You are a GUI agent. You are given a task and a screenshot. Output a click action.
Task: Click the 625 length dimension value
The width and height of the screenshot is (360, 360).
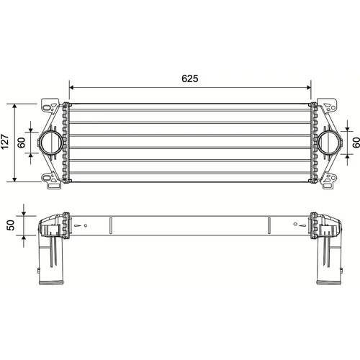(x=190, y=78)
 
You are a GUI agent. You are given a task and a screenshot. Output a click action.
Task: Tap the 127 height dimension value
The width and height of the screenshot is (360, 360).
(x=5, y=142)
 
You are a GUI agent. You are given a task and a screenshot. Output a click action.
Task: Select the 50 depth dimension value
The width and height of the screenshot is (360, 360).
(x=11, y=225)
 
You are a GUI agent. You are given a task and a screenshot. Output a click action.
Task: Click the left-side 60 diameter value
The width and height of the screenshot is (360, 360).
(x=22, y=143)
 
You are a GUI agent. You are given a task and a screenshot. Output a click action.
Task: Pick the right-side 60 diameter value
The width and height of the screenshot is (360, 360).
(x=356, y=143)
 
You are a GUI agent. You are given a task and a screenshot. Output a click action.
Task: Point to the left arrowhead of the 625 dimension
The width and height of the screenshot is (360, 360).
(x=71, y=88)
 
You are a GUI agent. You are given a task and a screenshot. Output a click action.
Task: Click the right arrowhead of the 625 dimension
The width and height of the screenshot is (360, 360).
(x=308, y=88)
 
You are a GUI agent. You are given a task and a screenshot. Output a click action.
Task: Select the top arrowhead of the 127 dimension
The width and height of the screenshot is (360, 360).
(x=15, y=107)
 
